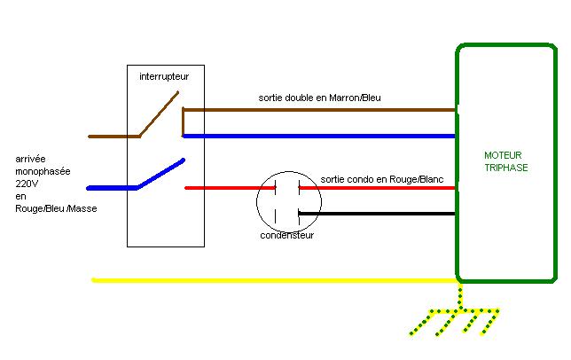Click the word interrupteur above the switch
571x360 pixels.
[x=164, y=77]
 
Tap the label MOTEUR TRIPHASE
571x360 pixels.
[x=507, y=160]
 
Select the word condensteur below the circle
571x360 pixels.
[x=286, y=236]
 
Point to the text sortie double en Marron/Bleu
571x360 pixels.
[x=319, y=98]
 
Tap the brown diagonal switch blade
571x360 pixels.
[x=162, y=113]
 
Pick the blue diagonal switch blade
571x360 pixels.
[x=160, y=174]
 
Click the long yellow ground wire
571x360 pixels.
[x=266, y=280]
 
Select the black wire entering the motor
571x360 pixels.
[x=381, y=213]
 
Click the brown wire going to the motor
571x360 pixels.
[x=319, y=110]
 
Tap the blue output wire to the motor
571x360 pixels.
[x=319, y=136]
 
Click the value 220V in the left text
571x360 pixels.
[x=27, y=182]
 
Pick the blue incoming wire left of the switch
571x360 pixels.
[x=111, y=188]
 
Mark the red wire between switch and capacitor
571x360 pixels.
[x=222, y=188]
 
